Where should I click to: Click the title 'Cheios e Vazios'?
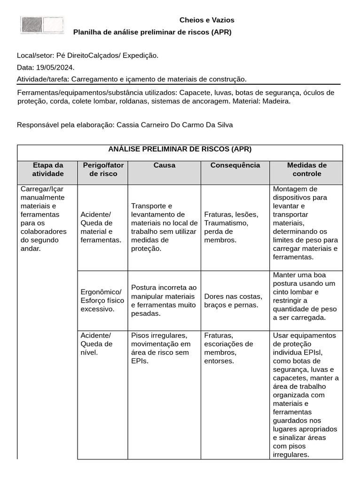click(x=207, y=20)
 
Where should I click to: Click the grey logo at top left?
click(x=42, y=25)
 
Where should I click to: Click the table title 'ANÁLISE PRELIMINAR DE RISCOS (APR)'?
click(x=180, y=149)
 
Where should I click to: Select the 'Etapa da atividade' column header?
click(x=47, y=169)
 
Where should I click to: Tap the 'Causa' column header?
click(x=164, y=165)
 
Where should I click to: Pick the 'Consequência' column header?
click(x=235, y=165)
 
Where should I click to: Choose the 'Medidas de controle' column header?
click(x=306, y=169)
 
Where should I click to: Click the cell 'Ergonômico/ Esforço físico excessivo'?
click(x=102, y=300)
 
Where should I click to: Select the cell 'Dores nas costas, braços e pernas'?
click(x=233, y=300)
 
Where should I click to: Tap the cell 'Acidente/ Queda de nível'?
click(x=97, y=344)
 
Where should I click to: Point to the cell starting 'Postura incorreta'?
click(x=164, y=300)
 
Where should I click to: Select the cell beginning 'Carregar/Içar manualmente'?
click(x=44, y=218)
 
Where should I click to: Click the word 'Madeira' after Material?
click(x=276, y=101)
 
